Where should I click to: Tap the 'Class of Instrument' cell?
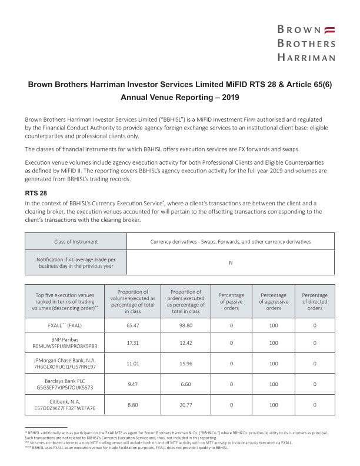[x=76, y=242]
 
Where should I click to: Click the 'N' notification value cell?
[x=231, y=262]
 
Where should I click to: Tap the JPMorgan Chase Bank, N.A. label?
[x=65, y=362]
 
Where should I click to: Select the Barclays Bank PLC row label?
[x=65, y=381]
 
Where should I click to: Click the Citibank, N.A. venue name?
[x=65, y=401]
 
